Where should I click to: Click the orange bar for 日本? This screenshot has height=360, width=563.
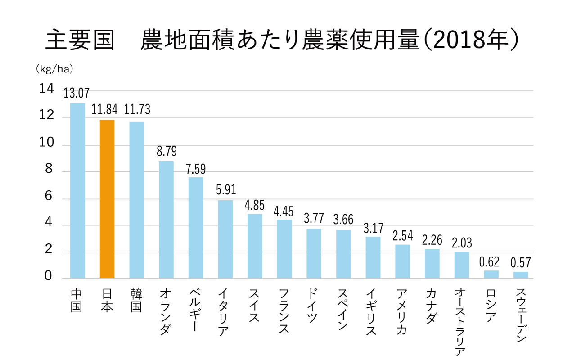click(107, 199)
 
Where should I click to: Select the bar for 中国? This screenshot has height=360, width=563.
click(77, 191)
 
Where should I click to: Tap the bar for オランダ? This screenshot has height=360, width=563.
click(166, 220)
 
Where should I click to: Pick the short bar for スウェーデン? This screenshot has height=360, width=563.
click(521, 275)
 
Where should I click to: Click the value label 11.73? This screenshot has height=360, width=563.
click(137, 110)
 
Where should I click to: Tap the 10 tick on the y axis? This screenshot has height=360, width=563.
click(47, 144)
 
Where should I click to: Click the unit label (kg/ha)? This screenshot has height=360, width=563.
click(54, 70)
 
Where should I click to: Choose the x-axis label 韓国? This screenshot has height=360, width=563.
click(136, 300)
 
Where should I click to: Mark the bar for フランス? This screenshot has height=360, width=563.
click(284, 249)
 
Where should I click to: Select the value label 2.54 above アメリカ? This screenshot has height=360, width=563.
click(402, 236)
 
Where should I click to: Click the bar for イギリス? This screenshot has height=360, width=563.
click(373, 257)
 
